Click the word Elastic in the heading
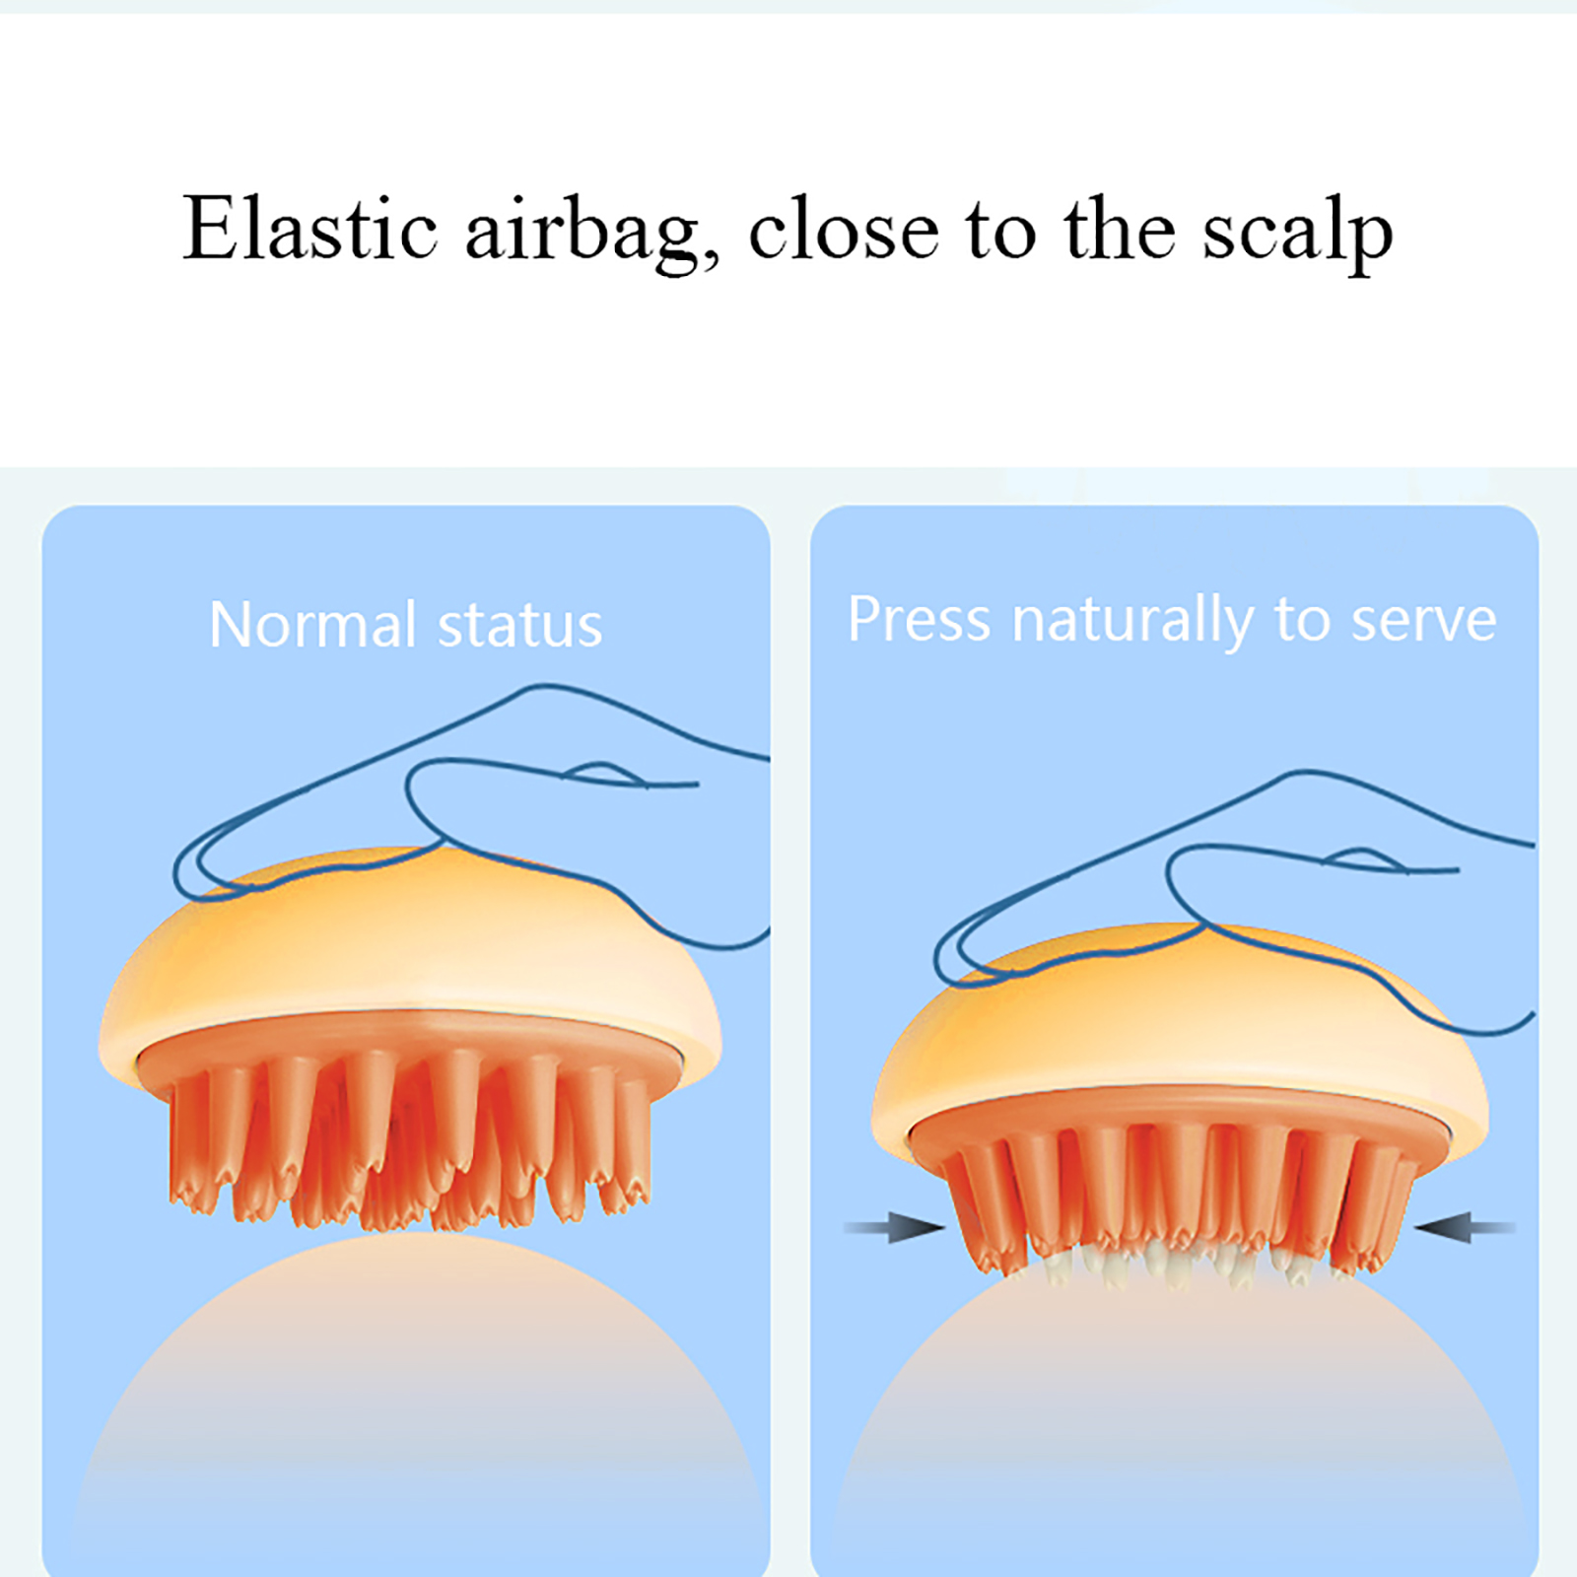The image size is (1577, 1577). [310, 229]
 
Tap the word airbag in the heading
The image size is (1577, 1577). [592, 233]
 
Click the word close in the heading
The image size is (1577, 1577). [845, 229]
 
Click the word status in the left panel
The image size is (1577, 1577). [519, 626]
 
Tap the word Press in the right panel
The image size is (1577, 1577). [919, 619]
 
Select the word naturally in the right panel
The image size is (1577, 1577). [1132, 623]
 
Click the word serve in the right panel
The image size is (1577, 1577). [1423, 621]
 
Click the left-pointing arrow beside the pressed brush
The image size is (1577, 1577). [1465, 1227]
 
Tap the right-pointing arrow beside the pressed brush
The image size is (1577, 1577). [895, 1227]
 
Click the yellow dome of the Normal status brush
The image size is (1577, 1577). [410, 946]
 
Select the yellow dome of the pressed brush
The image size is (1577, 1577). [1180, 1025]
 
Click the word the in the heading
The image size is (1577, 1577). [1121, 229]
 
